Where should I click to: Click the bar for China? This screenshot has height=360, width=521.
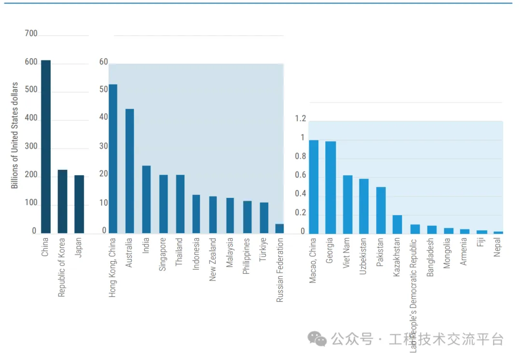tap(46, 147)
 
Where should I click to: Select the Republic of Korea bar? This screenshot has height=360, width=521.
tap(62, 202)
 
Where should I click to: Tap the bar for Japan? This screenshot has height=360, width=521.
tap(79, 205)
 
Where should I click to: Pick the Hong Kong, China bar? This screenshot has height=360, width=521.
tap(113, 159)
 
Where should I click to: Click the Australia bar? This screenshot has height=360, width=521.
tap(130, 171)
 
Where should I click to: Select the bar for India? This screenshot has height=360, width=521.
tap(146, 200)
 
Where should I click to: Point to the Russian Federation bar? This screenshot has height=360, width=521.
tap(279, 229)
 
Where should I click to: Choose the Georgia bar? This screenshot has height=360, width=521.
tap(330, 187)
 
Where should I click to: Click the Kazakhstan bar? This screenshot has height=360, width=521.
tap(397, 224)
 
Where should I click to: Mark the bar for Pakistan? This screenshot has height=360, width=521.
tap(381, 210)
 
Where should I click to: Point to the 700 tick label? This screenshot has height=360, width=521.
tap(31, 34)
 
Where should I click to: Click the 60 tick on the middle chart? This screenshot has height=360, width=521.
tap(104, 62)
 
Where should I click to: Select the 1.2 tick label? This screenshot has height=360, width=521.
tap(301, 119)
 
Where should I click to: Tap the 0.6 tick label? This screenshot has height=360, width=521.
tap(301, 175)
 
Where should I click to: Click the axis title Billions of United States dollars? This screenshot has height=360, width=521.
tap(14, 135)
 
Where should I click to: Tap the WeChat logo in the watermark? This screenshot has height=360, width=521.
tap(317, 339)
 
